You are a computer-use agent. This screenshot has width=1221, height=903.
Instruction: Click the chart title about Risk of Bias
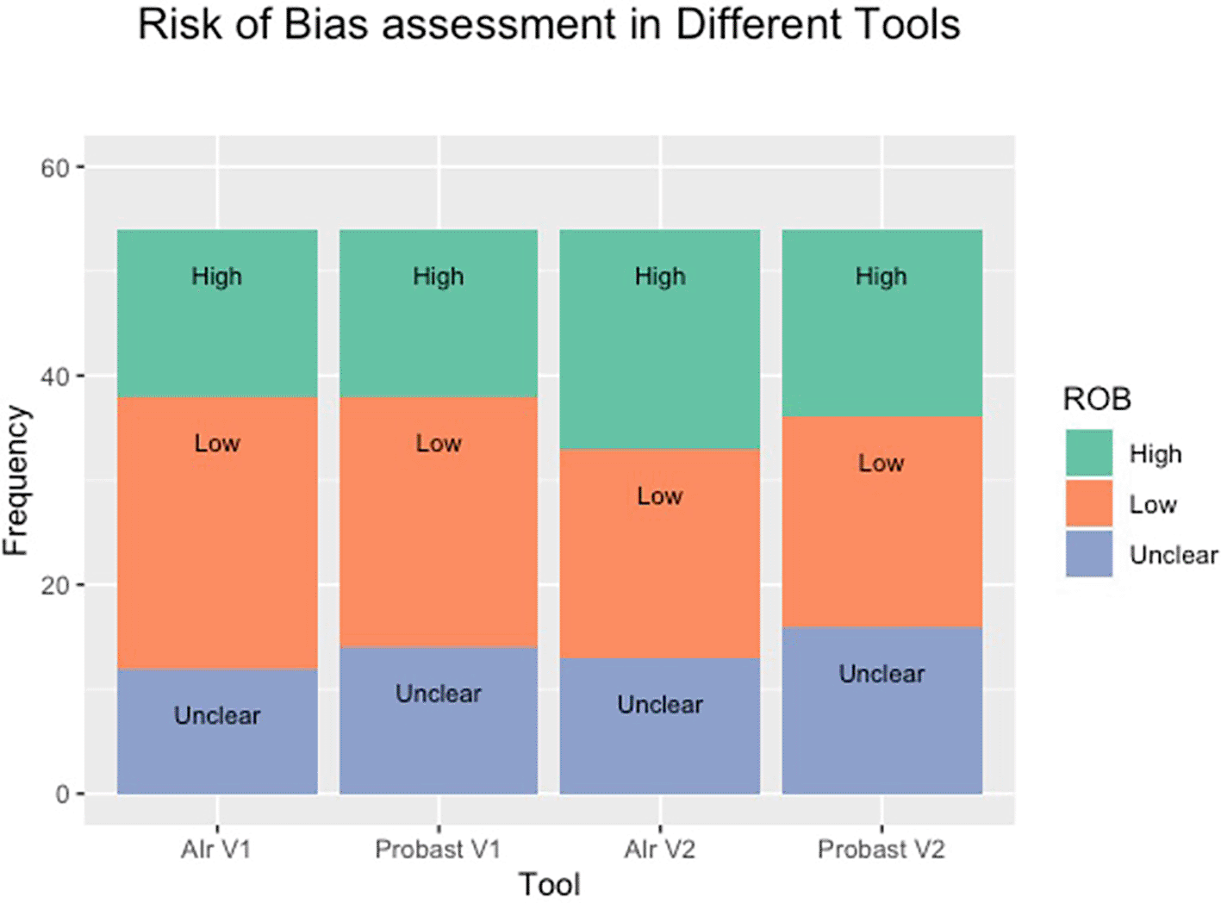549,25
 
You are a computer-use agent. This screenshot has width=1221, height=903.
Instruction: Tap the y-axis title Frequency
16,480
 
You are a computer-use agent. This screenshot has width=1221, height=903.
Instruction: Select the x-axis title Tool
549,884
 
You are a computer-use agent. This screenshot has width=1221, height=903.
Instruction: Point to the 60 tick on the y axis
54,168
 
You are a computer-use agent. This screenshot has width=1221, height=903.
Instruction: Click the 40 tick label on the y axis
54,377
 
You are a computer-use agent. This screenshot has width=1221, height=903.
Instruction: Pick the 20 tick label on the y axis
54,585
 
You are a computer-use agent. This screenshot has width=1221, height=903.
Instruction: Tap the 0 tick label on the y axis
62,794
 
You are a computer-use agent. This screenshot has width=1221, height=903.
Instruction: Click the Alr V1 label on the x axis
215,850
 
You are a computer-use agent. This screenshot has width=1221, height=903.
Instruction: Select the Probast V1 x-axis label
438,850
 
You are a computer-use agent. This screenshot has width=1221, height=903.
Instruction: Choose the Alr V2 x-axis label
659,850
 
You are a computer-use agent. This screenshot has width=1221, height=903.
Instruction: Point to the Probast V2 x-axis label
881,850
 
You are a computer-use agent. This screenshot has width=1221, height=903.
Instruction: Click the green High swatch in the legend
1088,453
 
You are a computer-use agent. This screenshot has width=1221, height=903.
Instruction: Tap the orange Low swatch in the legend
1088,504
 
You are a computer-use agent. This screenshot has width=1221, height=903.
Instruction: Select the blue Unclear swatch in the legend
1088,554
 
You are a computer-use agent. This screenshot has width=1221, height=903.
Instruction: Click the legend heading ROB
1096,399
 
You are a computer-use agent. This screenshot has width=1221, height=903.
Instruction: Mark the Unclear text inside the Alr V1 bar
217,715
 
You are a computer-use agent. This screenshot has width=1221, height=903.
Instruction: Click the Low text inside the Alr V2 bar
659,496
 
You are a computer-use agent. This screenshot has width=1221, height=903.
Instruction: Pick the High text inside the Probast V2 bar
881,277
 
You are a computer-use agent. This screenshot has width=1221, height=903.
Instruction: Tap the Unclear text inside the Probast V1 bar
438,694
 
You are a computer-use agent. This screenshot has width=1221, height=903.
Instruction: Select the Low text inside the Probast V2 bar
881,464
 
